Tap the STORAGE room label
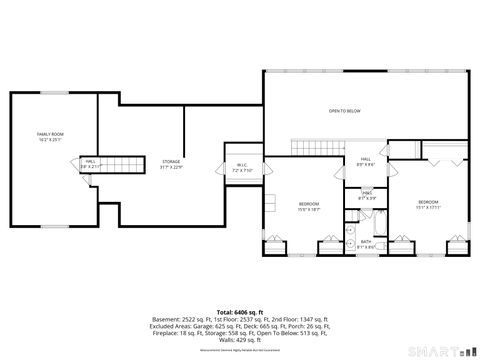point(171,161)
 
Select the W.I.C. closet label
point(242,166)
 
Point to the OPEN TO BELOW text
point(344,110)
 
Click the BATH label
point(366,242)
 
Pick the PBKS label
point(367,192)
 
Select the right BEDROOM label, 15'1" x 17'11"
point(428,202)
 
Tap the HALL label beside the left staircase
point(90,161)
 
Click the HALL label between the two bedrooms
point(366,160)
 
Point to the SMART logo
point(440,350)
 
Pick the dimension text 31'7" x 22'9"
point(171,167)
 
